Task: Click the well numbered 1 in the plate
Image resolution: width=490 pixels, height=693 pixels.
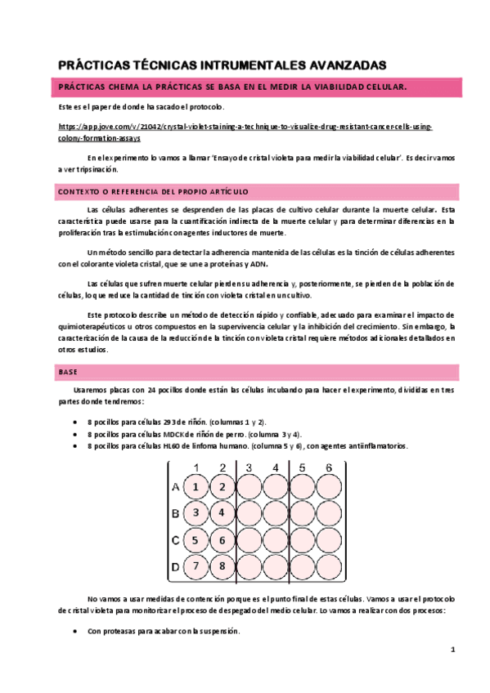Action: [196, 487]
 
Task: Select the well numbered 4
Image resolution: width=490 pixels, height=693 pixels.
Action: [223, 513]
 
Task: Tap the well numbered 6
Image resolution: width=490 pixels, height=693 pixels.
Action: [223, 539]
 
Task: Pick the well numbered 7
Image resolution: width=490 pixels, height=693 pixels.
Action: [196, 566]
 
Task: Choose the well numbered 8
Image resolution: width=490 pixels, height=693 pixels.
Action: [223, 566]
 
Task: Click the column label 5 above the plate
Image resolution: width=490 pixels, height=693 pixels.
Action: [303, 467]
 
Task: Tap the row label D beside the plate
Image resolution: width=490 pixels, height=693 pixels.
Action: [175, 566]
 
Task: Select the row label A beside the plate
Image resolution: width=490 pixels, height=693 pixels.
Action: [175, 487]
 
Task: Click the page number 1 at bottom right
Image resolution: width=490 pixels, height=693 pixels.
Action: [452, 650]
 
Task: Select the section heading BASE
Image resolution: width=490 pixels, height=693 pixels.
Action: [68, 372]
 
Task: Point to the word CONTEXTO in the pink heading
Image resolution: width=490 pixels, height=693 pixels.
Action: [79, 191]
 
